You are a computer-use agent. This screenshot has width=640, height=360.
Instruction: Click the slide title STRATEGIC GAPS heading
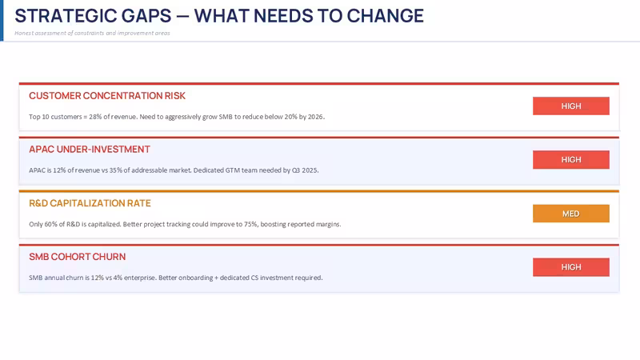[219, 16]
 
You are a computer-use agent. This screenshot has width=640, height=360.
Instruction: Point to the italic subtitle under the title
[92, 33]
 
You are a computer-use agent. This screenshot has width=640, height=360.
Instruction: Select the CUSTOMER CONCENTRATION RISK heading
[107, 95]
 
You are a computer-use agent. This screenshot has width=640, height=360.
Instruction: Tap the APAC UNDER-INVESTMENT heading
[90, 150]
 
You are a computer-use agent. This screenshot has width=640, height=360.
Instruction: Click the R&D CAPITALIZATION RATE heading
[90, 203]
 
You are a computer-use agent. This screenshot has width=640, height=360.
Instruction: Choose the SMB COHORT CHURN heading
[77, 257]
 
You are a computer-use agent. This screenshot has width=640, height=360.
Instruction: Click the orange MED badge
[571, 214]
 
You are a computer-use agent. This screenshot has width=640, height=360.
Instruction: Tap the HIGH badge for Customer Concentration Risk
[571, 106]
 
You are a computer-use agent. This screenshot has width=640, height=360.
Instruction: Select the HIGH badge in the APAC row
[571, 159]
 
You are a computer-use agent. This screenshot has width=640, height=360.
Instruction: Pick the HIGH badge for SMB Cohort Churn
[571, 267]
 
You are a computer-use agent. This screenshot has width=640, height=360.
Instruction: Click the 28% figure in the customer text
[95, 117]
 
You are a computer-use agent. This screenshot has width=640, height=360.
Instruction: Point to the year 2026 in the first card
[315, 117]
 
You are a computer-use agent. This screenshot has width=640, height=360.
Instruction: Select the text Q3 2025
[305, 170]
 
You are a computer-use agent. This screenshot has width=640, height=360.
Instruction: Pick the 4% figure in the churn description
[117, 278]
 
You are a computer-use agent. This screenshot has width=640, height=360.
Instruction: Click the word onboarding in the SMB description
[194, 278]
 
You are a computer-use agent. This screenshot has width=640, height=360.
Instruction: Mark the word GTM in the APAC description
[233, 170]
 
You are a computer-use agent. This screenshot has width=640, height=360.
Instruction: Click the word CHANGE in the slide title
[386, 16]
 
